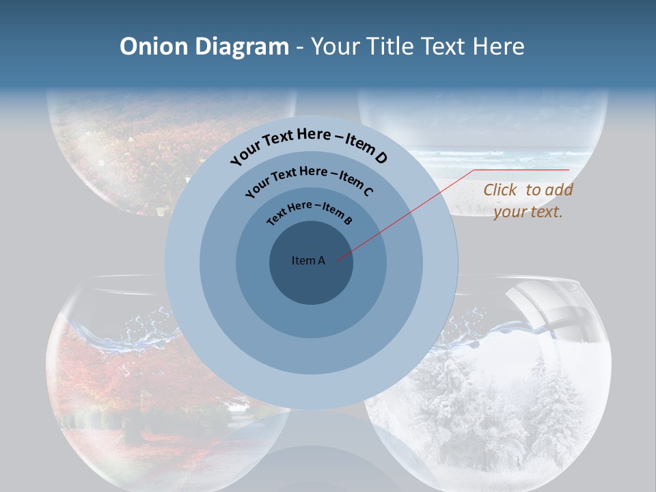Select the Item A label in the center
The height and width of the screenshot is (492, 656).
click(x=308, y=260)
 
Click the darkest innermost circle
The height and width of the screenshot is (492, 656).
click(x=312, y=273)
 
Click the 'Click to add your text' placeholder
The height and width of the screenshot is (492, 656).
click(x=528, y=201)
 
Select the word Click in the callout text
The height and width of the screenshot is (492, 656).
click(x=500, y=190)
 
